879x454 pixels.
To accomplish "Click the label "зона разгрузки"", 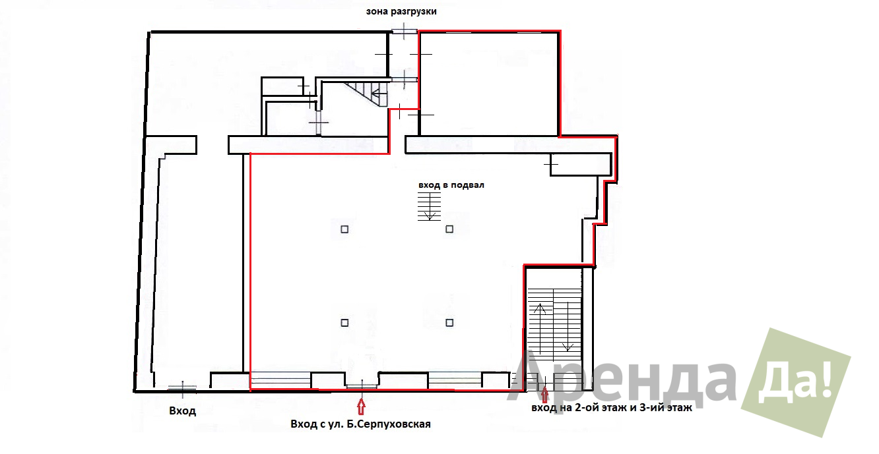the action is click(x=401, y=12).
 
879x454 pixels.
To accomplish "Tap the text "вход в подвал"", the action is click(x=451, y=185).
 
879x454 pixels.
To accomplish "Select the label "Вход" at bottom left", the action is click(x=183, y=411).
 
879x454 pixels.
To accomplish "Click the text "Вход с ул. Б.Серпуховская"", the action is click(x=360, y=424).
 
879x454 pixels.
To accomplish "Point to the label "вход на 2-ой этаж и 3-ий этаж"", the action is click(x=612, y=408).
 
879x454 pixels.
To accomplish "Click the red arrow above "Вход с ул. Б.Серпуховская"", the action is click(x=361, y=406).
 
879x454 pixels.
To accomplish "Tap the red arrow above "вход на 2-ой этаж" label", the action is click(x=544, y=395).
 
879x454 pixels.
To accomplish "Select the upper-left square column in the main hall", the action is click(x=344, y=229).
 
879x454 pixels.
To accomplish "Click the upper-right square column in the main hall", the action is click(x=449, y=229).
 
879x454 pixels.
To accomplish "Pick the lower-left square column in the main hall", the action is click(x=344, y=323).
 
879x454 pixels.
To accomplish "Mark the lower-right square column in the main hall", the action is click(x=449, y=323).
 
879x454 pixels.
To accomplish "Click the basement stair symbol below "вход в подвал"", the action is click(x=430, y=206).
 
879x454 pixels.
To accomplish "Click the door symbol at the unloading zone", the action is click(x=405, y=31).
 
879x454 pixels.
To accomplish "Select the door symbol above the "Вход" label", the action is click(x=183, y=388).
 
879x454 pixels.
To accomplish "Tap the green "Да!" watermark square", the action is click(x=796, y=382).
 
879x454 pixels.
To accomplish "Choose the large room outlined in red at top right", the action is click(x=490, y=84).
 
